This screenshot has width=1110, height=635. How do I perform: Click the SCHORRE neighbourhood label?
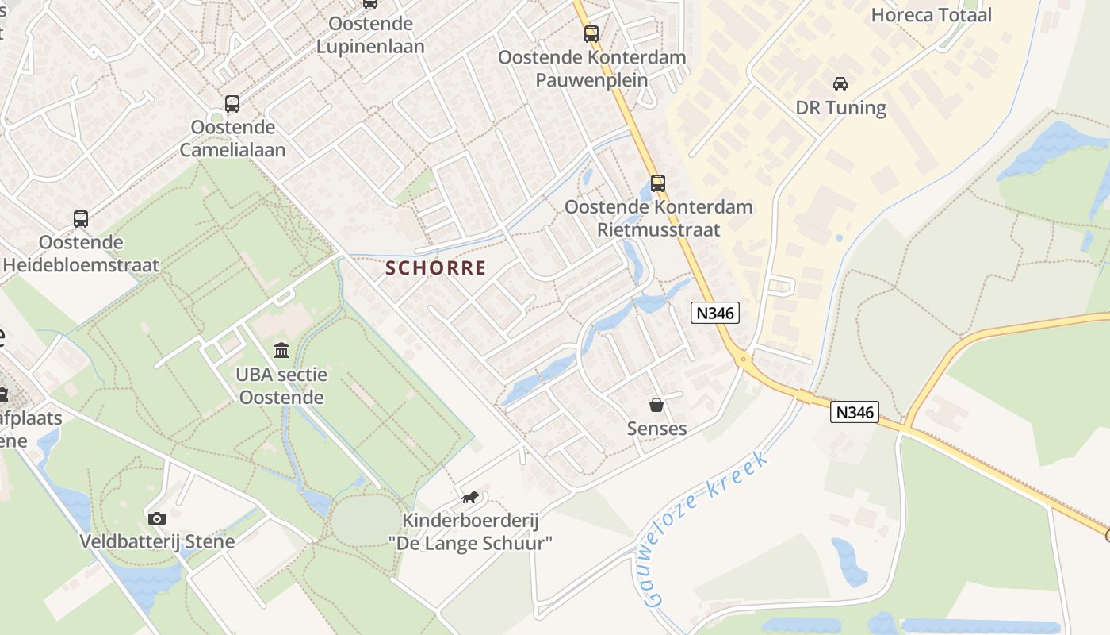[x=435, y=268]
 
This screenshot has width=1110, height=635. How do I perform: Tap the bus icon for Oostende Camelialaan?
[x=232, y=103]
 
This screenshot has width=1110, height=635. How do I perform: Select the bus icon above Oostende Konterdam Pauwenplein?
[x=591, y=33]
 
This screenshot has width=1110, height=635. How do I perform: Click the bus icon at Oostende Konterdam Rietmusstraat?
[x=658, y=183]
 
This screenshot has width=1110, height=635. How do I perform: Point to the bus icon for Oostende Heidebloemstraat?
[x=81, y=219]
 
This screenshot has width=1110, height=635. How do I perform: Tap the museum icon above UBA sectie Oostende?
[x=281, y=350]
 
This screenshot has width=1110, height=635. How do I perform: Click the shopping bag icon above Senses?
[x=656, y=405]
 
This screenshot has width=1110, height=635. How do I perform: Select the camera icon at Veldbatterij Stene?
[x=157, y=518]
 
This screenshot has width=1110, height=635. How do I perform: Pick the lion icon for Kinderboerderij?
[x=470, y=498]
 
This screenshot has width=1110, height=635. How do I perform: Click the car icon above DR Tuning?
[x=840, y=83]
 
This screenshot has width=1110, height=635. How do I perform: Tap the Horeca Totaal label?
[x=932, y=14]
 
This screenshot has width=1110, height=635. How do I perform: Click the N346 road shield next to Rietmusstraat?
[x=715, y=313]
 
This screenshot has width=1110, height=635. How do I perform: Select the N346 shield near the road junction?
[x=855, y=412]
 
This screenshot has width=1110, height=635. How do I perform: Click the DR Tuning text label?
[x=840, y=107]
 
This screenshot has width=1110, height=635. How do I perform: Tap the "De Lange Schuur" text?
[x=470, y=544]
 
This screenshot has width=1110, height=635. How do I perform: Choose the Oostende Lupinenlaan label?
[x=370, y=35]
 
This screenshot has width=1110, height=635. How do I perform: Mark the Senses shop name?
[x=656, y=429]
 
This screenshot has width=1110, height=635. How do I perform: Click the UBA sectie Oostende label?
[x=281, y=386]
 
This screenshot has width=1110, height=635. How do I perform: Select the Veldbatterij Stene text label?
[x=157, y=542]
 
